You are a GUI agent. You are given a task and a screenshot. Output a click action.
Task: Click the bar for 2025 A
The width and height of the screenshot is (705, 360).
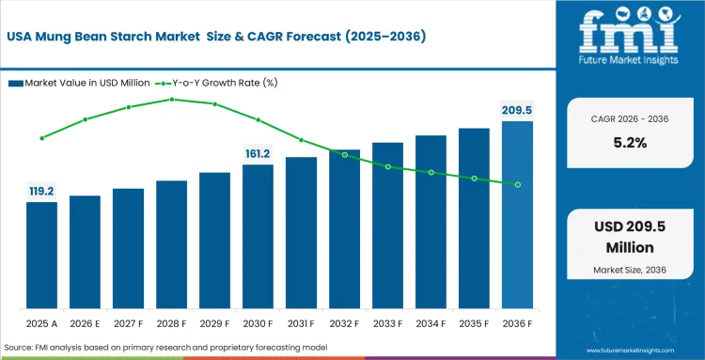pos(41,256)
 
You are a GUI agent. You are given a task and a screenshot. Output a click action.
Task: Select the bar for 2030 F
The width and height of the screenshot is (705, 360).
pos(258,237)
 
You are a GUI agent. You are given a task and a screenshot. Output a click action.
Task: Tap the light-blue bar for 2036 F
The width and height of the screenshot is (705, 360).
pos(517,215)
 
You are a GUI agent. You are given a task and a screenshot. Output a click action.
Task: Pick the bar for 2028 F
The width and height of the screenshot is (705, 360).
pos(171,244)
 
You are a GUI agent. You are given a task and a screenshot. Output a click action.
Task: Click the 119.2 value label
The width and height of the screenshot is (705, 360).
pos(41,192)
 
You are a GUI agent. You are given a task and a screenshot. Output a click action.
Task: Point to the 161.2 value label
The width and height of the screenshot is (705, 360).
pos(258,154)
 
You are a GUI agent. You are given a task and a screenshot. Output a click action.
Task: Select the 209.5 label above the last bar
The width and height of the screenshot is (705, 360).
pos(517,111)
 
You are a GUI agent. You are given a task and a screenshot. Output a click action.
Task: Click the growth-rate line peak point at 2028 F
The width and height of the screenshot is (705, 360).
pos(172,100)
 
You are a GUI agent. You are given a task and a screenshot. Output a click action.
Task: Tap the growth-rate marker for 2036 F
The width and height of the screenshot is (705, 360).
pos(518,185)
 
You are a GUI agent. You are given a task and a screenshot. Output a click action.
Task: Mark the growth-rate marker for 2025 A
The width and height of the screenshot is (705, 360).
pos(41,138)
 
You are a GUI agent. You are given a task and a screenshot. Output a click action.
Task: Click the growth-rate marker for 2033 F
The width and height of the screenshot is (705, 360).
pos(388,166)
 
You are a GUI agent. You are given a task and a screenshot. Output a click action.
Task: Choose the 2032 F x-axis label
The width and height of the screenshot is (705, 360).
pos(344,323)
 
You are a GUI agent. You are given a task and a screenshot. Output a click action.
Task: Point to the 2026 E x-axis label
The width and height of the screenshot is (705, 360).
pos(85,323)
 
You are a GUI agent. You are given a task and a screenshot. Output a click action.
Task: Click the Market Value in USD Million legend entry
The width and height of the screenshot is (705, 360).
pos(79,83)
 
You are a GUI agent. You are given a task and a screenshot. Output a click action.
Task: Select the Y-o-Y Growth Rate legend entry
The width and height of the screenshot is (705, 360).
pos(216,83)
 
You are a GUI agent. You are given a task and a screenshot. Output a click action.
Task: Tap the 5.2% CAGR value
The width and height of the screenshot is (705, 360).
pos(630,143)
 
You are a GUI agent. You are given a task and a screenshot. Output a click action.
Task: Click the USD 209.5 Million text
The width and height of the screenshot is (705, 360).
pos(630,237)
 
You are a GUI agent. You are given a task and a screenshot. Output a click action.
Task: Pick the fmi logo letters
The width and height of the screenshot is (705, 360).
pos(629,31)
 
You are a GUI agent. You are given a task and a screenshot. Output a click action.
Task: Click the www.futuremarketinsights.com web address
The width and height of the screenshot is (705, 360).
pos(631,350)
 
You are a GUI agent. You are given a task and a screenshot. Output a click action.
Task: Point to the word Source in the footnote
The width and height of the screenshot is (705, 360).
pos(16,348)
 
